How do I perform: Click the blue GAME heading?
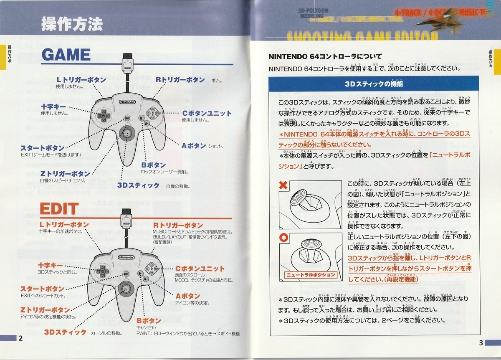click(x=66, y=55)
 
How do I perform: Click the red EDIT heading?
click(x=59, y=209)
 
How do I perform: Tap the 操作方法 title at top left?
click(x=71, y=25)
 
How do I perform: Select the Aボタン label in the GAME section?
click(x=194, y=146)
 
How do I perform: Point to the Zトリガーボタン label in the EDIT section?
click(x=45, y=309)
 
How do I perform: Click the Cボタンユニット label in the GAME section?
click(x=206, y=113)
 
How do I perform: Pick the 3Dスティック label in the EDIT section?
click(x=66, y=332)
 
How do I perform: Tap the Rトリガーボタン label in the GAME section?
click(x=180, y=79)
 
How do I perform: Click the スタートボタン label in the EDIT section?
click(x=43, y=289)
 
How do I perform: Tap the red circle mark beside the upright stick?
click(x=283, y=238)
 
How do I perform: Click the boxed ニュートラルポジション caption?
click(x=311, y=274)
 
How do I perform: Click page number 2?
click(x=20, y=338)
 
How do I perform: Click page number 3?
click(x=481, y=343)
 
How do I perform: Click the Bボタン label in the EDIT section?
click(x=149, y=320)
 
